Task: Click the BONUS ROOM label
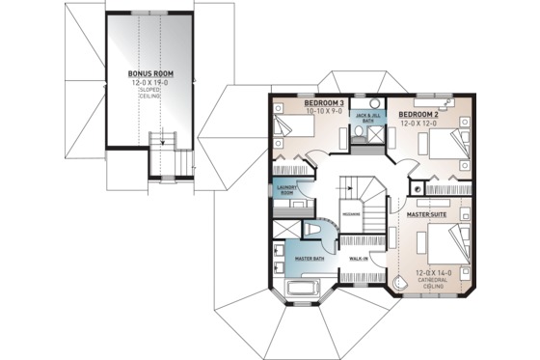pos(148,72)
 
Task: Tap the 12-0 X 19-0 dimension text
pos(148,81)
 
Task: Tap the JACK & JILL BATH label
pos(365,116)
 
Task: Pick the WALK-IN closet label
pos(358,259)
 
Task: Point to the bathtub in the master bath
pos(303,291)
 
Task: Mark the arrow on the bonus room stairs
pos(163,142)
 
